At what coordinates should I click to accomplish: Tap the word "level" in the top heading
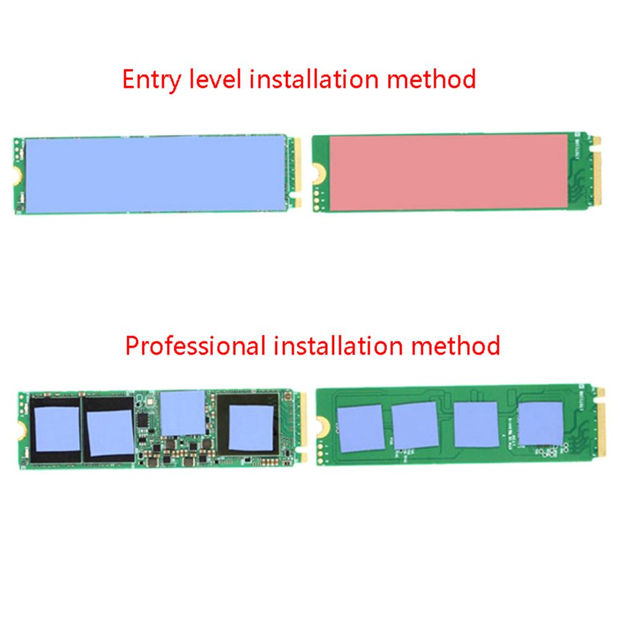point(215,79)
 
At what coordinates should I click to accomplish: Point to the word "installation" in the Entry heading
point(314,79)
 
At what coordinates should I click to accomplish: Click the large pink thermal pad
point(449,173)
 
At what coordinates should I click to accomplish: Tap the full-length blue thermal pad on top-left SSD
point(155,174)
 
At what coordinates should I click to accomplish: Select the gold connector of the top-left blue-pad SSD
point(298,173)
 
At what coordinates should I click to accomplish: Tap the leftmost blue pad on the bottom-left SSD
point(58,429)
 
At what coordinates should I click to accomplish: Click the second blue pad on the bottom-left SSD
point(110,433)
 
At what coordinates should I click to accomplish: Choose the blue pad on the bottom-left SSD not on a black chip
point(183,413)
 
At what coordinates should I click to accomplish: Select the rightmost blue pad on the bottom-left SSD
point(251,428)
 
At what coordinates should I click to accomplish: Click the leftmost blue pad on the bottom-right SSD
point(361,428)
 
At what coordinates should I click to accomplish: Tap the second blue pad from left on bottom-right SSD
point(415,425)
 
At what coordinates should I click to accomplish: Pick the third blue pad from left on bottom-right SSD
point(476,424)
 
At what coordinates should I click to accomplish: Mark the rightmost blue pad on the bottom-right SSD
point(541,423)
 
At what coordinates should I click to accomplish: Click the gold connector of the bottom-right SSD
point(601,423)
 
